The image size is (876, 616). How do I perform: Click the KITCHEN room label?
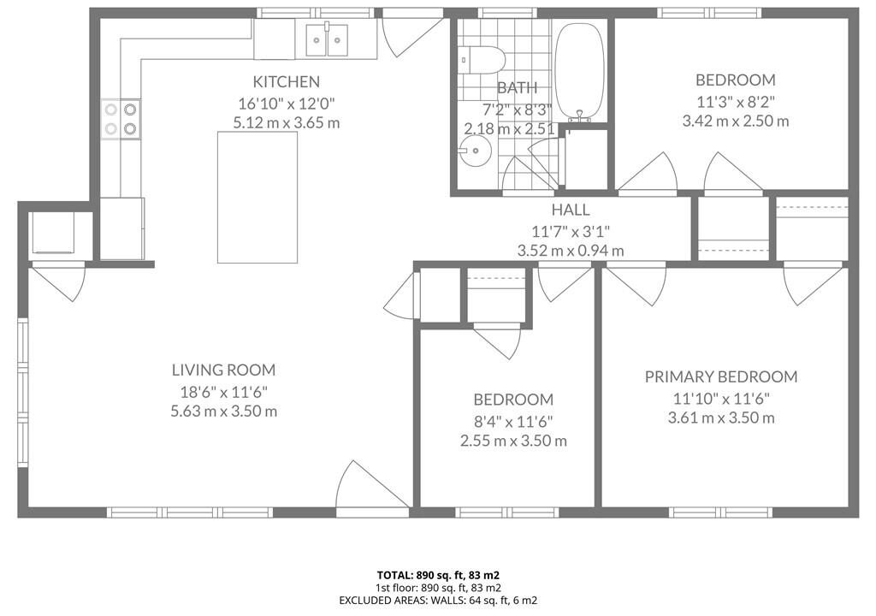(x=286, y=81)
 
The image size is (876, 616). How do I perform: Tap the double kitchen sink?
(x=326, y=39)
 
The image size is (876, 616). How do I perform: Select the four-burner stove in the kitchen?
(x=121, y=119)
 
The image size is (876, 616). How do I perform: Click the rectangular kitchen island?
(x=257, y=197)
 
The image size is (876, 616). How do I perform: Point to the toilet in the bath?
(x=482, y=59)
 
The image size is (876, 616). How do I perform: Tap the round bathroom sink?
(x=475, y=151)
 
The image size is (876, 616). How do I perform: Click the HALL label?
(x=571, y=210)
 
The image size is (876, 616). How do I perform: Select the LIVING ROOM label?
(x=223, y=370)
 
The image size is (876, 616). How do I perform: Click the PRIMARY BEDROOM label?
(x=720, y=376)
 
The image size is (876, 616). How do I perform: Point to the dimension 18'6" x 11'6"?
(x=223, y=392)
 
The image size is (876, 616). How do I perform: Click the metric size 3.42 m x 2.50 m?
(x=735, y=121)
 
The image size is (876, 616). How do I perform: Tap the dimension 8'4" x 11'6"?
(x=513, y=421)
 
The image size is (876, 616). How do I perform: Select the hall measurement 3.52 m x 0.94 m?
(x=571, y=251)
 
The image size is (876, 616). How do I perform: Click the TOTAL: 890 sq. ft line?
(x=438, y=575)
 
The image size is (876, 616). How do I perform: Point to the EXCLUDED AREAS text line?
(x=438, y=601)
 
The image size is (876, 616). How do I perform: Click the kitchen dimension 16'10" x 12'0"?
(x=286, y=104)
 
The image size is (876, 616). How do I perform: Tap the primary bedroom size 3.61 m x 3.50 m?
(x=720, y=418)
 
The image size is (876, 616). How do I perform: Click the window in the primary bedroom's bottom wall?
(x=720, y=512)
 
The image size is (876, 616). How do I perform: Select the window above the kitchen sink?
(x=315, y=13)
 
